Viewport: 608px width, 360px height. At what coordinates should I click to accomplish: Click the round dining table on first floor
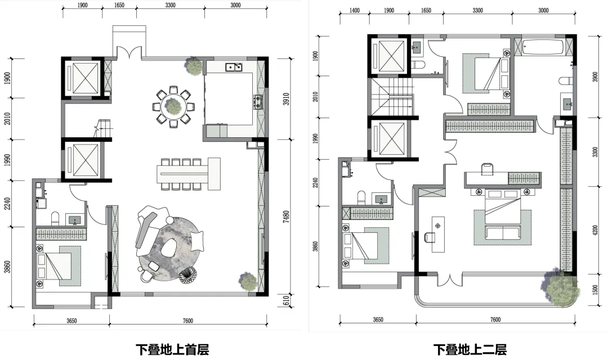click(x=173, y=105)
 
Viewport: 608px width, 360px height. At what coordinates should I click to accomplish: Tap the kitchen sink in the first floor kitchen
click(x=234, y=67)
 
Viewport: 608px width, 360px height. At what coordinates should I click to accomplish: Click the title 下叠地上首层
click(x=172, y=349)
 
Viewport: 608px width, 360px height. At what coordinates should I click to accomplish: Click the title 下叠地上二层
click(x=470, y=349)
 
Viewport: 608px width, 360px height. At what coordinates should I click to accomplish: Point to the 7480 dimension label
click(x=286, y=217)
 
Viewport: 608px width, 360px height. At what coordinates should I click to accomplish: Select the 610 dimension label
click(x=286, y=301)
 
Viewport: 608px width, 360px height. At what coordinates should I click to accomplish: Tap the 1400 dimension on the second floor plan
click(x=355, y=11)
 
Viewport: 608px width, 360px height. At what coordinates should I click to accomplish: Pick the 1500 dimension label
click(x=595, y=290)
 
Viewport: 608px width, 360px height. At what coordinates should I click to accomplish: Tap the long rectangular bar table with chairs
click(x=189, y=174)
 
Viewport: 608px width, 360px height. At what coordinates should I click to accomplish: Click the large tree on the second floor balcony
click(x=559, y=287)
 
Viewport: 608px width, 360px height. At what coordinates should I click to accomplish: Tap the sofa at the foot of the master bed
click(x=503, y=232)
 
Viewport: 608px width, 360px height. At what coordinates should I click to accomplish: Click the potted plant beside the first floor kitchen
click(x=193, y=65)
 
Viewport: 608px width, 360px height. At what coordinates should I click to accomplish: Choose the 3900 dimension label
click(x=595, y=76)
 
